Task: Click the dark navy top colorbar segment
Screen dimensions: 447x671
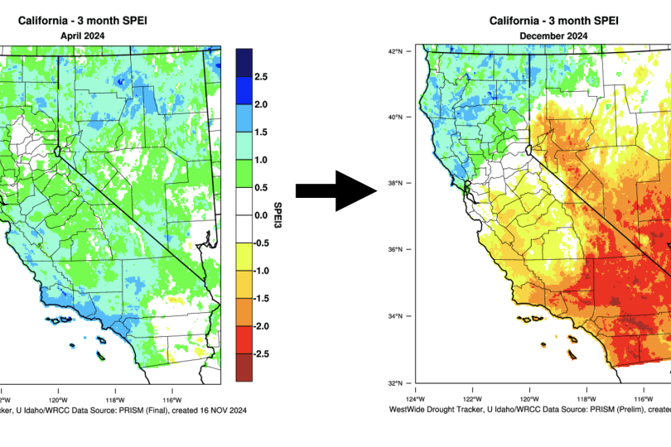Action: point(244,62)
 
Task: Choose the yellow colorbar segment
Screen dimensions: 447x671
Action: point(244,257)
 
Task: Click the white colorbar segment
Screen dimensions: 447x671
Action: point(244,215)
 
